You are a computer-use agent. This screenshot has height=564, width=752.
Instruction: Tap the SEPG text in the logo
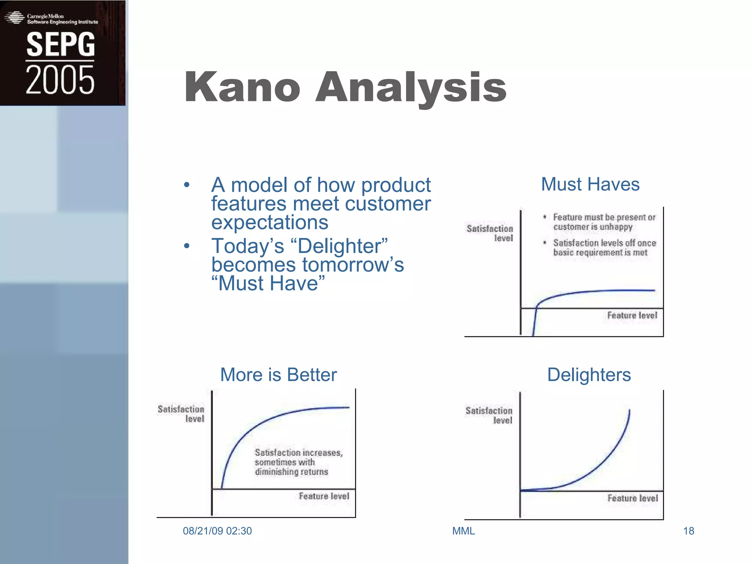click(61, 44)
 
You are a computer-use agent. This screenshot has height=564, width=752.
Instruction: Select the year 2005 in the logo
click(60, 80)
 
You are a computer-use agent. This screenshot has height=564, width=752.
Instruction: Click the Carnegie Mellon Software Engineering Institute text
click(62, 19)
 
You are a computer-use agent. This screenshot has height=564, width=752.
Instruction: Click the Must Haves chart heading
click(590, 184)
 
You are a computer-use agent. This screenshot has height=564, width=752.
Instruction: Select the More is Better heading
click(278, 375)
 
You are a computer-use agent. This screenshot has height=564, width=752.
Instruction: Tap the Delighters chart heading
click(589, 375)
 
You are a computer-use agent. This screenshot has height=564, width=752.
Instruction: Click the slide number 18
click(688, 531)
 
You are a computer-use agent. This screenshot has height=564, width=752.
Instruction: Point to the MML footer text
click(463, 531)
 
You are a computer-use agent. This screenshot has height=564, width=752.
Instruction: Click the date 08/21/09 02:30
click(217, 531)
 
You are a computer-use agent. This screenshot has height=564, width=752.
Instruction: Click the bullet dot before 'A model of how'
click(187, 185)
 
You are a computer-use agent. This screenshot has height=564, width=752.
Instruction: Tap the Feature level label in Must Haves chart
click(632, 315)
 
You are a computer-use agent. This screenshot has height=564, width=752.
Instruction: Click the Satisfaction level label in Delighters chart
click(489, 415)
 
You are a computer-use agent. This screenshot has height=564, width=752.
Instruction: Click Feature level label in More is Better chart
click(324, 496)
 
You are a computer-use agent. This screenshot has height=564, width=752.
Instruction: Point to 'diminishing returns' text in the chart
click(292, 472)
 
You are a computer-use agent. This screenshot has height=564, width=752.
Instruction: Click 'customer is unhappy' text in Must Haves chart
click(593, 227)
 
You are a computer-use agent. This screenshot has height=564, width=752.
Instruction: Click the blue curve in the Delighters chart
click(602, 463)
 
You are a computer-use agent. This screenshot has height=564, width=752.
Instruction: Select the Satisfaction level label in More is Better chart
click(181, 414)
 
